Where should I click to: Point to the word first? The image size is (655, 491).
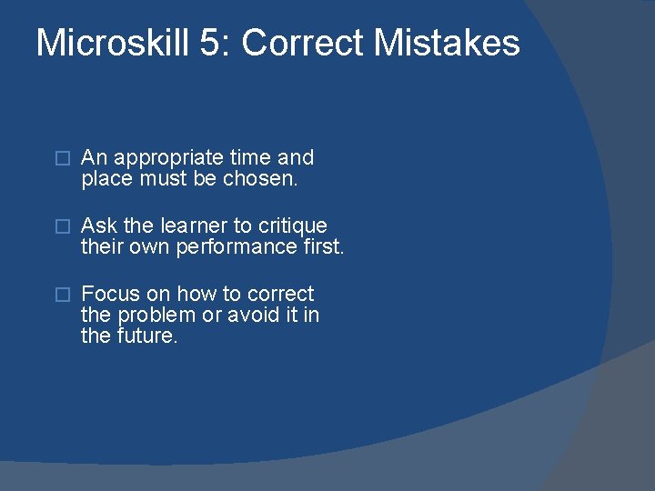pos(323,246)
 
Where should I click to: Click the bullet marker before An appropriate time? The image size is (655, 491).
pos(62,158)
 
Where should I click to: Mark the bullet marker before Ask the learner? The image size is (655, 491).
pos(62,225)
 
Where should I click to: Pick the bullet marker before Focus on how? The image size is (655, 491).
pos(62,294)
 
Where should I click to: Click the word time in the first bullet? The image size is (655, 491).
pos(252,158)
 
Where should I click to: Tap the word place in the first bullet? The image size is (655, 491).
pos(107,179)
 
